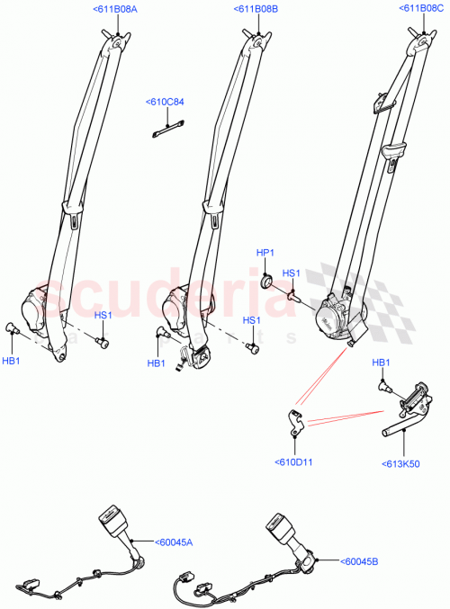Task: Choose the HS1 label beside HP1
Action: click(292, 273)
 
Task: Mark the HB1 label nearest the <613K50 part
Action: click(382, 363)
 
